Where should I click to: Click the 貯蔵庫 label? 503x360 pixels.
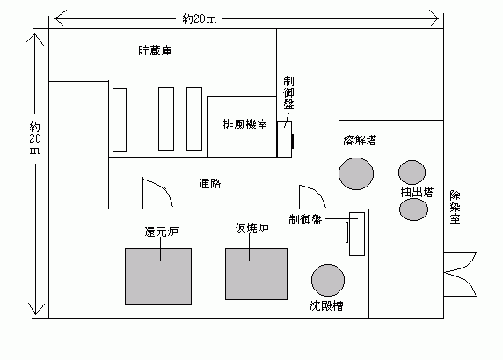pos(155,50)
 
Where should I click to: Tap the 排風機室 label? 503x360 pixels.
pos(245,124)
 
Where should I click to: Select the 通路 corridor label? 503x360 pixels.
pos(210,183)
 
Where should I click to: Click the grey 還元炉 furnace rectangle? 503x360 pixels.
pos(158,276)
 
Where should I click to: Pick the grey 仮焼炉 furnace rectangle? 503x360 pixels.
pos(256,274)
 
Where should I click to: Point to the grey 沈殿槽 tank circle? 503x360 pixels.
pos(328,280)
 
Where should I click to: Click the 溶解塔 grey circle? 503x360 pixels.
pos(356,173)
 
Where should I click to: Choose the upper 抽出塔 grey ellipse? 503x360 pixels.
pos(412,173)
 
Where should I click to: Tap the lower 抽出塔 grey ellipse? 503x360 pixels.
pos(413,209)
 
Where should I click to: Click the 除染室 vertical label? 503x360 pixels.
pos(455,207)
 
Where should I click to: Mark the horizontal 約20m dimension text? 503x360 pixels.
pos(200,19)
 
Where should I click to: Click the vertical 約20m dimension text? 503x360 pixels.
pos(34,138)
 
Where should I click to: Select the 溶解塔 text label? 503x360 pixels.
pos(360,140)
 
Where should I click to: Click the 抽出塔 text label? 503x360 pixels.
pos(417,192)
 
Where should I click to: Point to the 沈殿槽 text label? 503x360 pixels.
pos(326,305)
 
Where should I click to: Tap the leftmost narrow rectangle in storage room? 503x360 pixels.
pos(120,120)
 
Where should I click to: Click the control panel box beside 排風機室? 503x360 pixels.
pos(285,139)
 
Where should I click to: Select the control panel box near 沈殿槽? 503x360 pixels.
pos(357,234)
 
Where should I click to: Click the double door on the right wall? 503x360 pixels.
pos(460,274)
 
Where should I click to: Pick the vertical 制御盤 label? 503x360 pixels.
pos(288,92)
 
